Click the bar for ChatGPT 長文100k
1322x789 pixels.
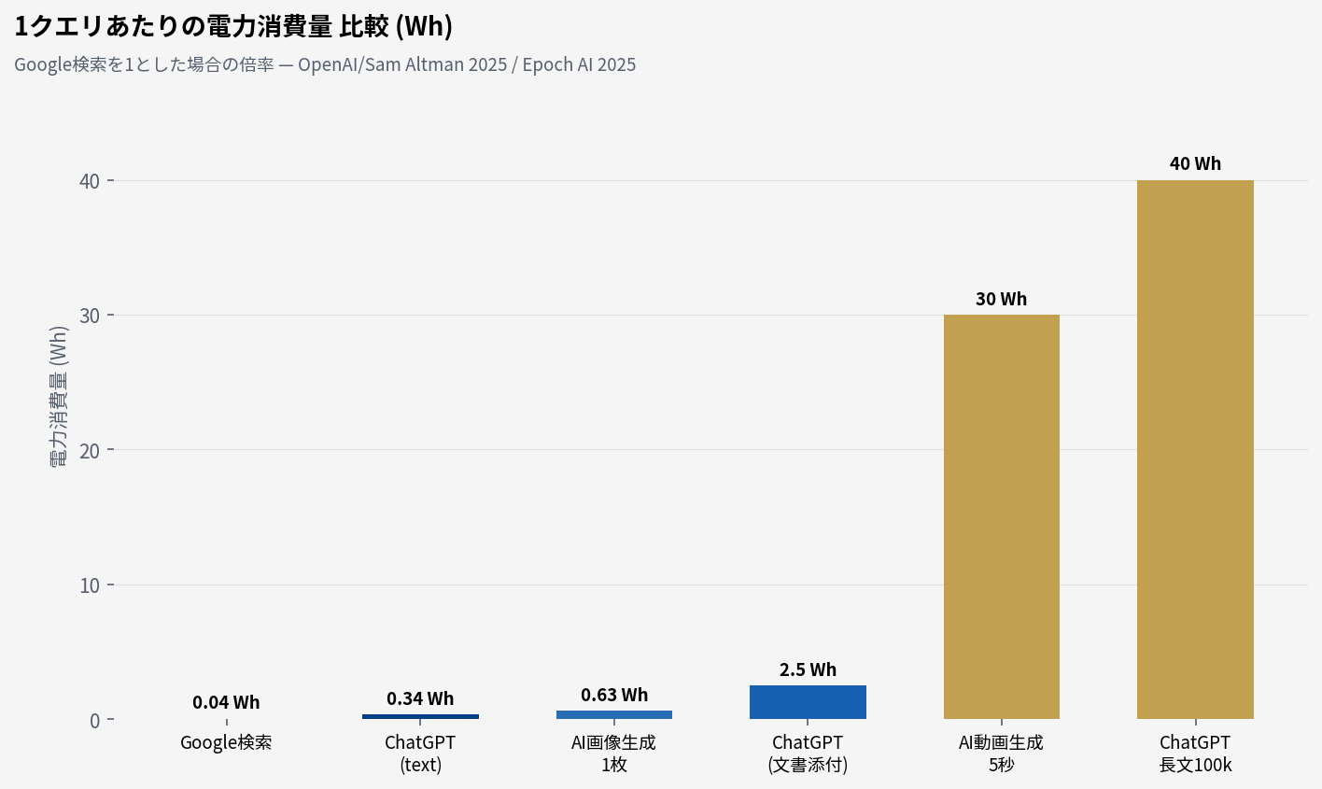coord(1195,448)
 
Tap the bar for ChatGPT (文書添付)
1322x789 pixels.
coord(808,702)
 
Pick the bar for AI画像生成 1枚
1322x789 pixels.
coord(613,714)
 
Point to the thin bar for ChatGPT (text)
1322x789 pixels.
coord(420,716)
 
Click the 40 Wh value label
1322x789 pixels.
coord(1195,163)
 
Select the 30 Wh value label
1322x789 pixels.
coord(1001,299)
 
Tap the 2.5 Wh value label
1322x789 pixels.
coord(808,669)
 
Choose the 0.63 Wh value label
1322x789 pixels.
coord(613,695)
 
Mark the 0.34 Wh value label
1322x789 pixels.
coord(420,698)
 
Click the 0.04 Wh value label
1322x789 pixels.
coord(226,702)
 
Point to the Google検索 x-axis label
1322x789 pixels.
coord(226,743)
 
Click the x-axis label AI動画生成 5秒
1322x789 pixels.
coord(1001,754)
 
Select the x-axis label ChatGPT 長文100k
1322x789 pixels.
coord(1195,754)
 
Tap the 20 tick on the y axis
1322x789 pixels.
coord(90,450)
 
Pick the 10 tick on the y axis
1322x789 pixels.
coord(90,585)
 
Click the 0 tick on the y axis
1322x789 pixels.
coord(95,720)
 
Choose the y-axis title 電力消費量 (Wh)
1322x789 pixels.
coord(59,397)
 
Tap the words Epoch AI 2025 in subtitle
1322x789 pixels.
coord(579,64)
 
